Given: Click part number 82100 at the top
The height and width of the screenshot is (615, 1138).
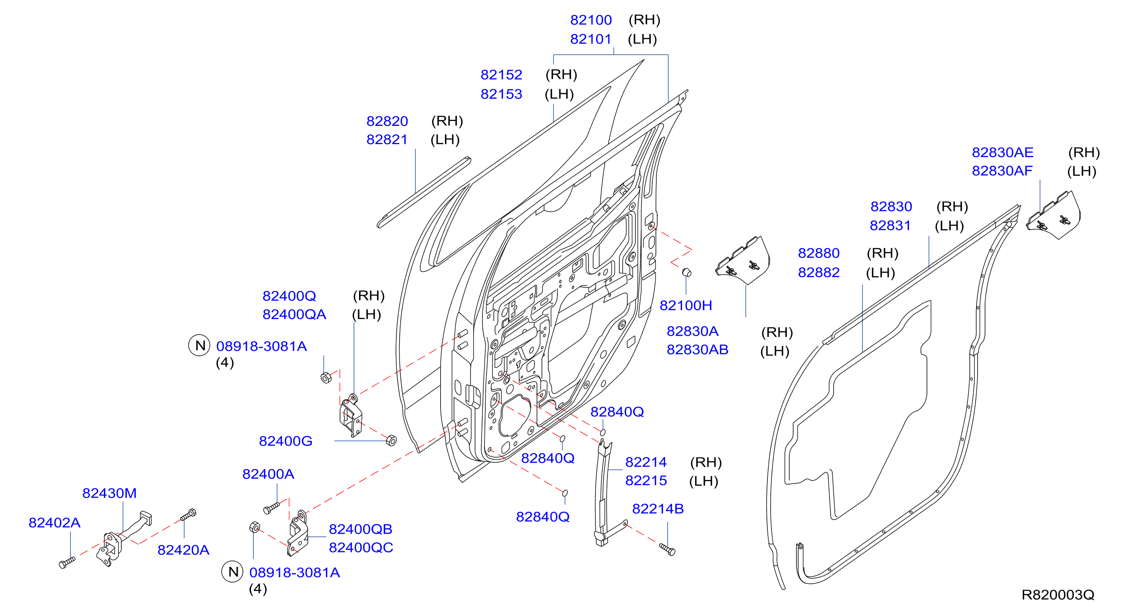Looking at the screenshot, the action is pyautogui.click(x=591, y=20).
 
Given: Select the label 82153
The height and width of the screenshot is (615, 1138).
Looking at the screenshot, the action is pyautogui.click(x=501, y=94).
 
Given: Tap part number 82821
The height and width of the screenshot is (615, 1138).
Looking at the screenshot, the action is pyautogui.click(x=386, y=139).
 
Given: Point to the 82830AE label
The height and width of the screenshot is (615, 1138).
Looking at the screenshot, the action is pyautogui.click(x=1003, y=152).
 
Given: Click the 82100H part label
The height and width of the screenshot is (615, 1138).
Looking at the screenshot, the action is pyautogui.click(x=686, y=305).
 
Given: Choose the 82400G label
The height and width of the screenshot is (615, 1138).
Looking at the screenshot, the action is pyautogui.click(x=285, y=441).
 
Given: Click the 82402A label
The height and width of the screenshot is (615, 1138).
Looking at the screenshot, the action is pyautogui.click(x=54, y=523).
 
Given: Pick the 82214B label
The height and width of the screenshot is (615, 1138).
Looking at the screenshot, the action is pyautogui.click(x=658, y=508).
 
